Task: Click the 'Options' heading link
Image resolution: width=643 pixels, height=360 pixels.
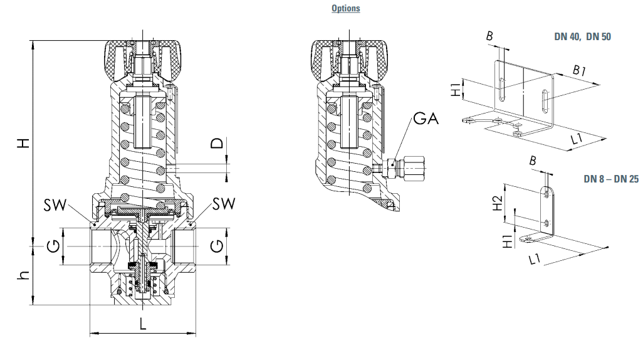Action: click(x=346, y=8)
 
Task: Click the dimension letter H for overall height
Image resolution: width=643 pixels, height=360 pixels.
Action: click(x=24, y=143)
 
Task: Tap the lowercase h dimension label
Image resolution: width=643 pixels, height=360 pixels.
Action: click(x=24, y=275)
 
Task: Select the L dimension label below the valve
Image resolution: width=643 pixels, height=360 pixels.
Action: click(x=143, y=324)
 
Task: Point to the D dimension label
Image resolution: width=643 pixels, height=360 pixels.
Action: click(x=217, y=143)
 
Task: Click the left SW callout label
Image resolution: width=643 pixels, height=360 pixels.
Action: click(x=55, y=205)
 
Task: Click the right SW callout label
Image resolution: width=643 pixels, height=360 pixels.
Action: click(x=224, y=204)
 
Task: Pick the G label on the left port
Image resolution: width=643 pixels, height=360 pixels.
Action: click(x=53, y=246)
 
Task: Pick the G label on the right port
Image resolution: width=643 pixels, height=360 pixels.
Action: click(x=217, y=246)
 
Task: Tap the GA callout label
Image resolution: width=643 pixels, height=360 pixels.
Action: click(x=426, y=119)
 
